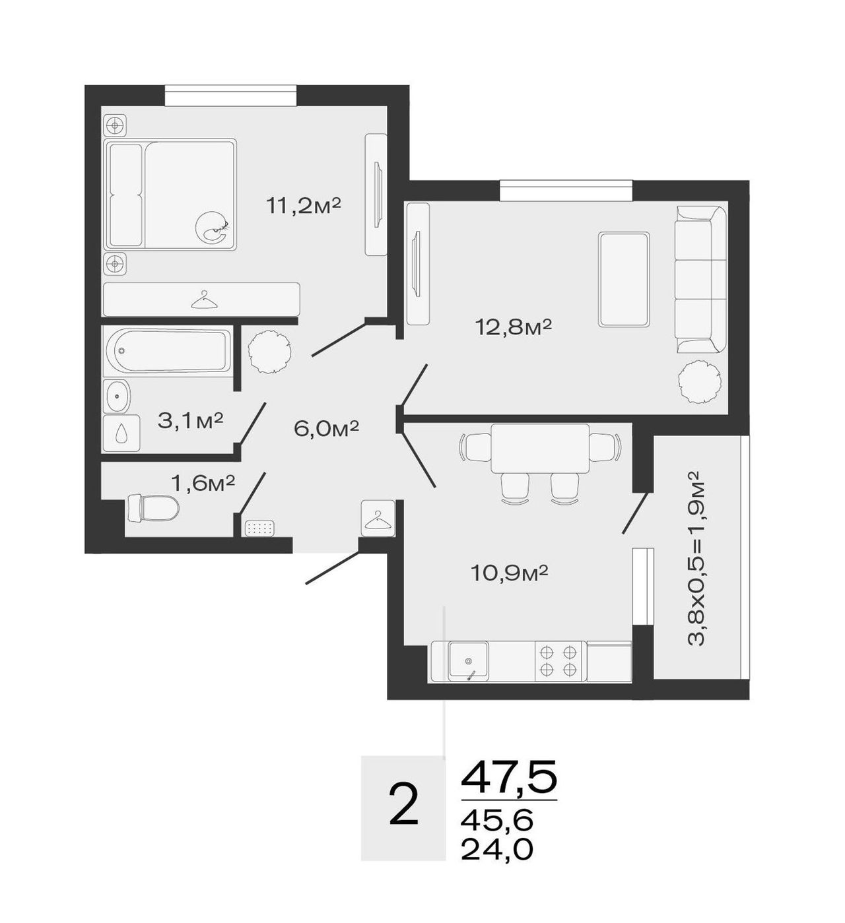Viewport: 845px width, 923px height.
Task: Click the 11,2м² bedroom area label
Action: [x=304, y=205]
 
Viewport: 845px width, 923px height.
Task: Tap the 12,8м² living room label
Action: [x=513, y=328]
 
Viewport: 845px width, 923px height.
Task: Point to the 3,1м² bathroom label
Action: [x=191, y=420]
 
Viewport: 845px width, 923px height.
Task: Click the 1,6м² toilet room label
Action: [x=203, y=483]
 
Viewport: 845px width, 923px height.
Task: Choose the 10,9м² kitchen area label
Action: [x=509, y=573]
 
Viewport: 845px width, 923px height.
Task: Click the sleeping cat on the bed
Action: [x=212, y=226]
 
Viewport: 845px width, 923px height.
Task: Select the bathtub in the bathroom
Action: [x=167, y=350]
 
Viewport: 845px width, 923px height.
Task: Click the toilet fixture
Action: [x=153, y=508]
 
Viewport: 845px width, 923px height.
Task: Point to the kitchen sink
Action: [x=469, y=661]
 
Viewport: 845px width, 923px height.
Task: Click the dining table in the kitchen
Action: [x=540, y=448]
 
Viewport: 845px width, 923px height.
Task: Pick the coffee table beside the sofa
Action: [x=624, y=279]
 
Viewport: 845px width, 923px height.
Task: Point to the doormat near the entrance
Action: [x=260, y=528]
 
